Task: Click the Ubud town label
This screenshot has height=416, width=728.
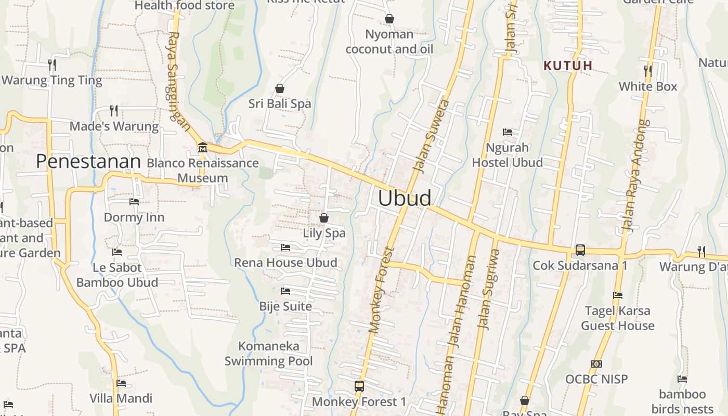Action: point(405,198)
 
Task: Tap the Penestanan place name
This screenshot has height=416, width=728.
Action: point(88,162)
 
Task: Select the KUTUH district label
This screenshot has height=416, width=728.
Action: point(568,66)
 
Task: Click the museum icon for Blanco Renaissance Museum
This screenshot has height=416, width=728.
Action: point(202,148)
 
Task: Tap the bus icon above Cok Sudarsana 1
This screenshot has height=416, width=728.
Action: point(580,250)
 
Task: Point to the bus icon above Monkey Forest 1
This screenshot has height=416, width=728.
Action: point(359,386)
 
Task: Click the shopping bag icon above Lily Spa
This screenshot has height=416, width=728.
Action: point(324,218)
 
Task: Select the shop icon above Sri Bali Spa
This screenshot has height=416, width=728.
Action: point(280,88)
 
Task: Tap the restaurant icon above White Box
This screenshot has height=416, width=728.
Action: point(648,71)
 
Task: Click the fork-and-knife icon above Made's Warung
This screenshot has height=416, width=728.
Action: point(114,111)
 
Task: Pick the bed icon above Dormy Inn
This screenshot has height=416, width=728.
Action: point(134,202)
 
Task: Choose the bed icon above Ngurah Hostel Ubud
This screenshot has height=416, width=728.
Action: point(508,132)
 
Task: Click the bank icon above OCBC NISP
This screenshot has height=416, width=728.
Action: point(596,364)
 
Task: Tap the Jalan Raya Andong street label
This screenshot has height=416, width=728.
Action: point(635,175)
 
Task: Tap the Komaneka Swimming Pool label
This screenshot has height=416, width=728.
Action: point(269,354)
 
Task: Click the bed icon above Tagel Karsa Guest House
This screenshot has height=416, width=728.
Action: point(618,295)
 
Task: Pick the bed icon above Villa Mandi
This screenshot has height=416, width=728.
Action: point(121,383)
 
